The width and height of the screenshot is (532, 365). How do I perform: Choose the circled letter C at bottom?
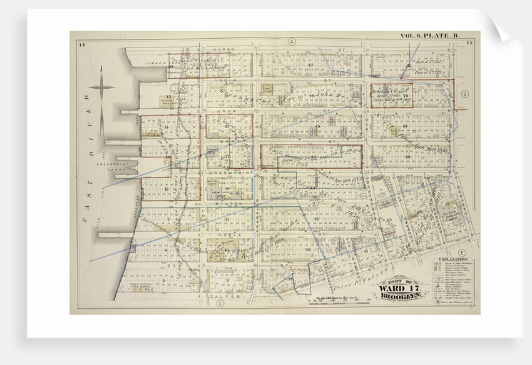221,304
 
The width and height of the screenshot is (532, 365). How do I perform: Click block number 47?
310,64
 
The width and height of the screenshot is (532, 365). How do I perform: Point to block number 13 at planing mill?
150,97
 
